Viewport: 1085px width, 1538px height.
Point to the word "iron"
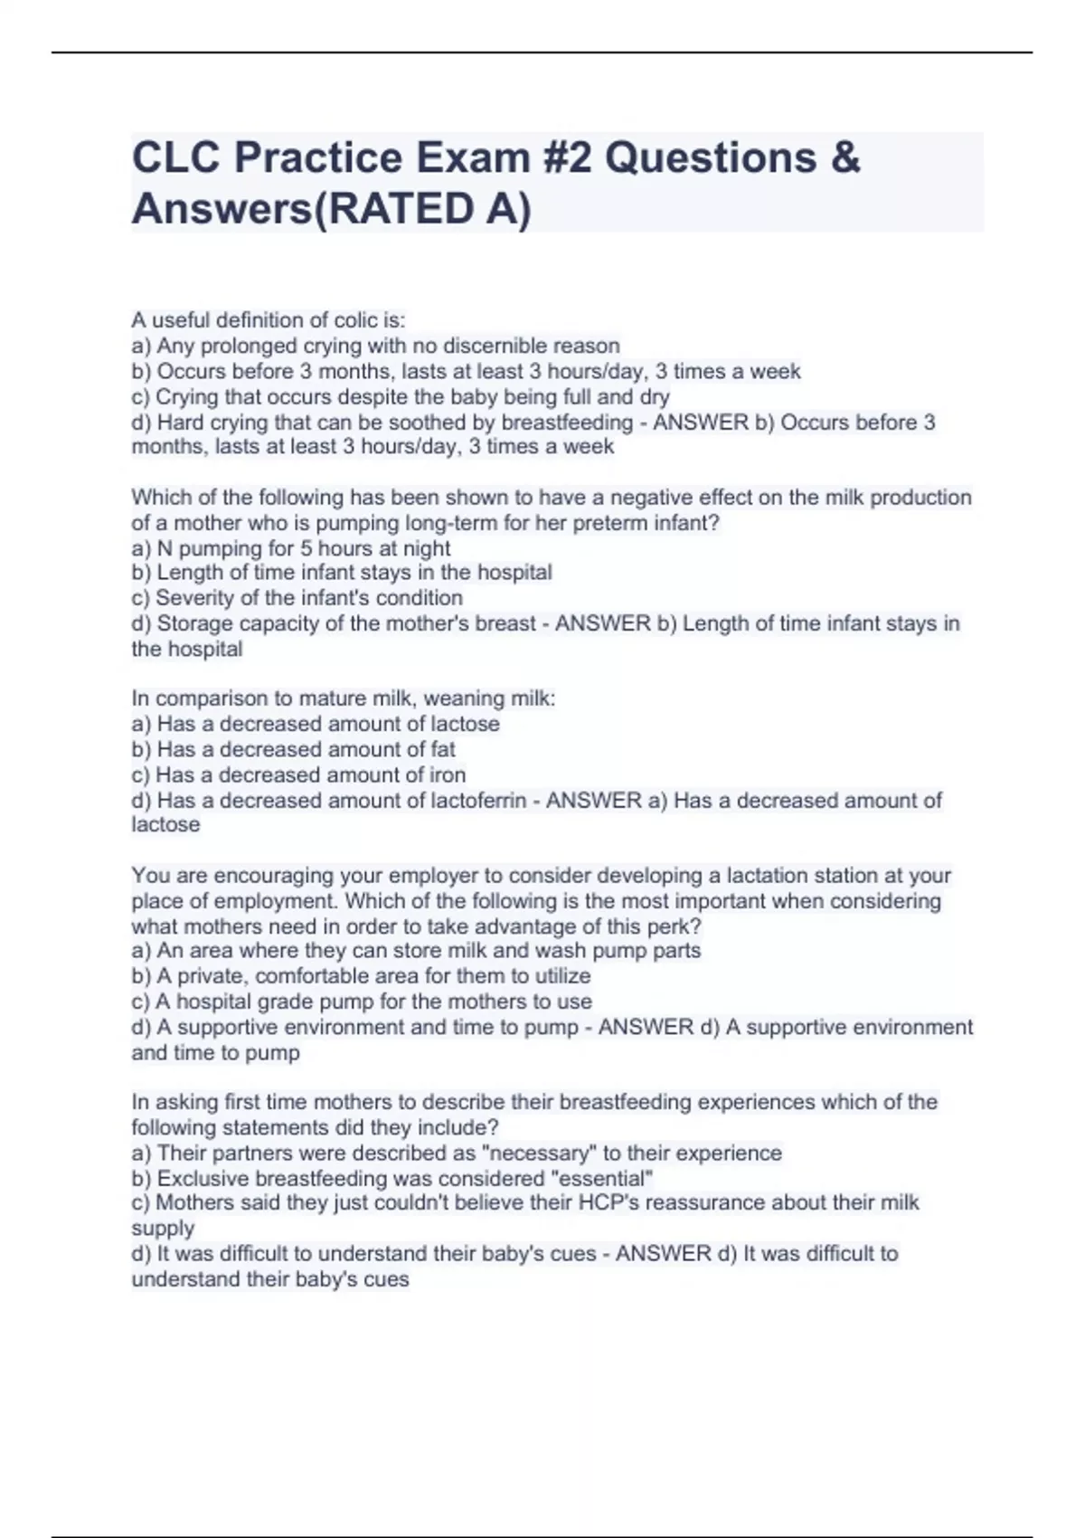[x=448, y=775]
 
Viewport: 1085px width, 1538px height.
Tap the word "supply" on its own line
[x=163, y=1229]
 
